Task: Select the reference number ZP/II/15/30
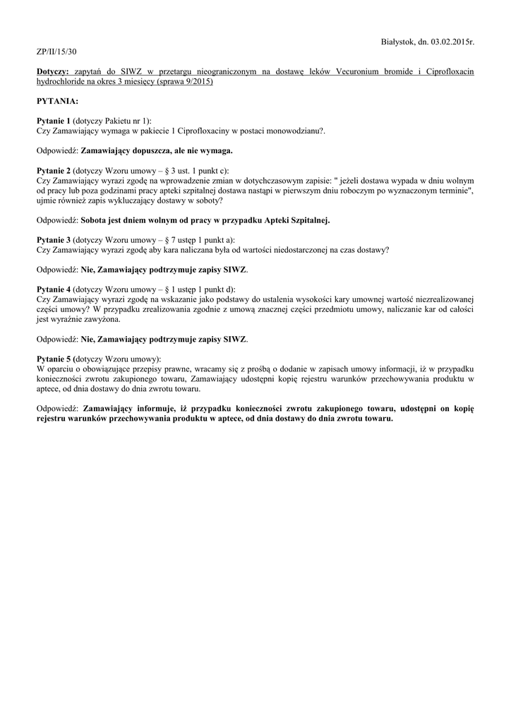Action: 56,52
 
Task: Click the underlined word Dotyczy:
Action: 52,72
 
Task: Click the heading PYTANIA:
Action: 58,102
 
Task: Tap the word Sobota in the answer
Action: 95,220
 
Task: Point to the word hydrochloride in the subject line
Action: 63,82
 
